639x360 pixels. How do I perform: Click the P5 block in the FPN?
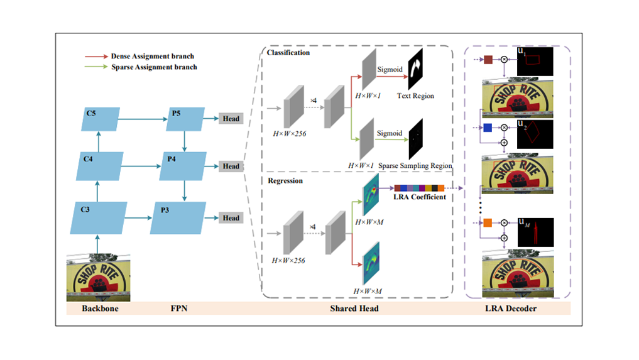(x=184, y=119)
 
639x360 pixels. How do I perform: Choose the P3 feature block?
(x=178, y=217)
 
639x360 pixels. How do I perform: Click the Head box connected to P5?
(x=230, y=119)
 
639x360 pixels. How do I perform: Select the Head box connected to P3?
(x=230, y=218)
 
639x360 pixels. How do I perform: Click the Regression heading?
(x=285, y=181)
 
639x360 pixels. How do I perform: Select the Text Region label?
(x=415, y=96)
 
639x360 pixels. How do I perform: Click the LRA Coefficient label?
(x=420, y=198)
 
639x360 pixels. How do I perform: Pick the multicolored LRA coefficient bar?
(x=419, y=187)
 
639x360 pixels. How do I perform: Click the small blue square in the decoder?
(x=488, y=128)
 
